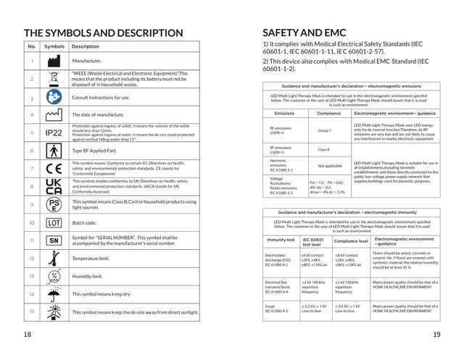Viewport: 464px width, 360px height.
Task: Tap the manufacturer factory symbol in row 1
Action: [54, 62]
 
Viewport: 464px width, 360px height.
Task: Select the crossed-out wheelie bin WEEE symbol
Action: [54, 78]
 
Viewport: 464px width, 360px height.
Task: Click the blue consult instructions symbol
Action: [54, 96]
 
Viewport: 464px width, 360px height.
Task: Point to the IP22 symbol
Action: [54, 133]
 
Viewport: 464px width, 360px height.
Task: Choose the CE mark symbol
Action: [54, 168]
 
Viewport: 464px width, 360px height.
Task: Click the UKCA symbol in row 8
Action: [54, 185]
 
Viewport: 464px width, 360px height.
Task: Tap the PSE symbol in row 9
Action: [54, 204]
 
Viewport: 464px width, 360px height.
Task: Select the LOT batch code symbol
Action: [54, 222]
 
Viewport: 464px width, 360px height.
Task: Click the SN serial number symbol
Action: [54, 239]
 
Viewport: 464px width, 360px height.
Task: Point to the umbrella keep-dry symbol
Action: [54, 294]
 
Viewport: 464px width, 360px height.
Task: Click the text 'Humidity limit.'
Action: [91, 276]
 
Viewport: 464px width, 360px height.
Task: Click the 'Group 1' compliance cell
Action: [324, 131]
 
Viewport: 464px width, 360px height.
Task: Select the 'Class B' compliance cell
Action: [324, 150]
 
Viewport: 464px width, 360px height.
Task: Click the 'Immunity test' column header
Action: [281, 239]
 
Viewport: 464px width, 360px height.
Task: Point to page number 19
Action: [436, 334]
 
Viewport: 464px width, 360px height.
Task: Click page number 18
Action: [28, 334]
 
